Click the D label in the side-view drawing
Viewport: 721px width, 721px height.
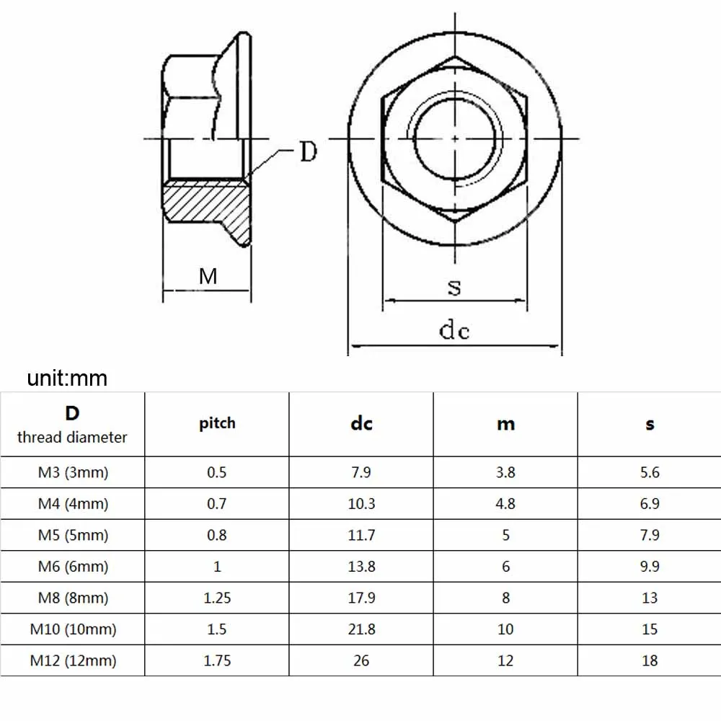(308, 152)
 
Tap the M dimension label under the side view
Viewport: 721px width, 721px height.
(208, 275)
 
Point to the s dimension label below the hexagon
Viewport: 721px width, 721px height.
(454, 287)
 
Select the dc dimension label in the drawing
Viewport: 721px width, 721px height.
(454, 330)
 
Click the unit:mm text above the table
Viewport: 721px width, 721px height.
(67, 378)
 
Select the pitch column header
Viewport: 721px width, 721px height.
(217, 423)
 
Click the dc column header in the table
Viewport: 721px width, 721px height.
(361, 424)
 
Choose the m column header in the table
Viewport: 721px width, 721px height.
(505, 424)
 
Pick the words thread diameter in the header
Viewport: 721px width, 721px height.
(72, 437)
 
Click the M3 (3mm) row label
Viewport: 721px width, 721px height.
(73, 473)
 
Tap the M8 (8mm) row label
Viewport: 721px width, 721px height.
(73, 598)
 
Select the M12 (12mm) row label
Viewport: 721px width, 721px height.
(73, 660)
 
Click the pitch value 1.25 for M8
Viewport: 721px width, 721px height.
(217, 598)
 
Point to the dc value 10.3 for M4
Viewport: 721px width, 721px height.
(361, 504)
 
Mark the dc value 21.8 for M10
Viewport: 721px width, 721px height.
(361, 629)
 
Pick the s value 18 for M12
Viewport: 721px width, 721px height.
(650, 660)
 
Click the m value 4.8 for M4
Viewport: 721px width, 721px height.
(505, 504)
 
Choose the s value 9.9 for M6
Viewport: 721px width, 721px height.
(650, 567)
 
